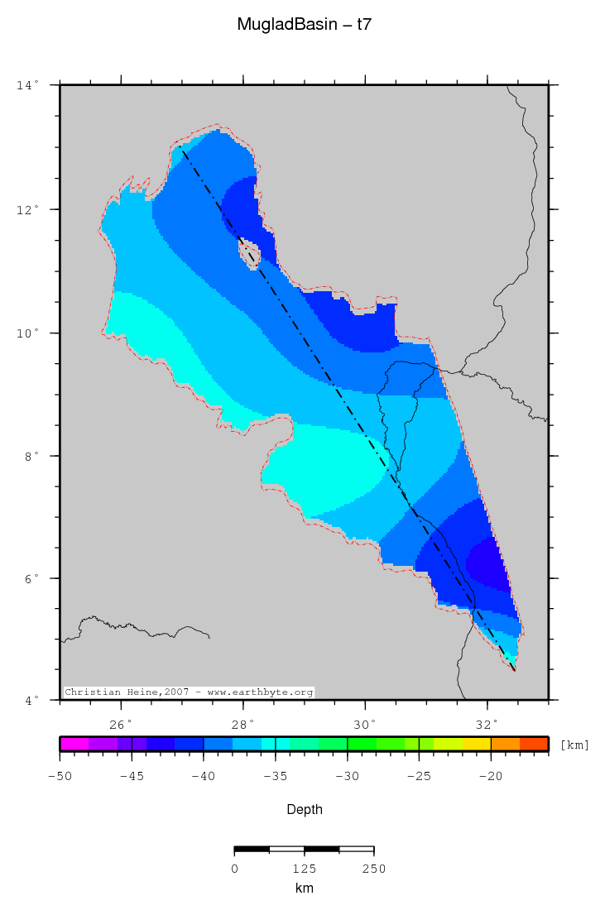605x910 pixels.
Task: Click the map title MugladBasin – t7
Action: pos(304,25)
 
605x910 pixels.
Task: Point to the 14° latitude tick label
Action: pos(28,85)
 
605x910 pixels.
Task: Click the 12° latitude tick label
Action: pos(28,209)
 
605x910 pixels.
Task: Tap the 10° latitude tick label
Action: pos(28,333)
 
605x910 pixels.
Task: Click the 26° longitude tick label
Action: pos(121,724)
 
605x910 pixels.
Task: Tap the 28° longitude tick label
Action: pos(242,724)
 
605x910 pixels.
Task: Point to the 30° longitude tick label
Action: pos(365,724)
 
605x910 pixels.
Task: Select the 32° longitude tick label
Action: pos(487,724)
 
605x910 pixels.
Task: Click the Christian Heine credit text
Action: pos(189,692)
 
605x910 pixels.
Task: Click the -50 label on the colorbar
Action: pos(60,775)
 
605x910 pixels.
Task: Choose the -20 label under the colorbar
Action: pos(491,775)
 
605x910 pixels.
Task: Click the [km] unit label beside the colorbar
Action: pos(574,745)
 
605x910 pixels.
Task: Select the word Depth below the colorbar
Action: pos(304,809)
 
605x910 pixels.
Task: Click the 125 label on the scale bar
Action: pos(304,869)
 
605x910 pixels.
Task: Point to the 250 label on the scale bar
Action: pos(373,869)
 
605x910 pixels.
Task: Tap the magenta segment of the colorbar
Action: pos(74,744)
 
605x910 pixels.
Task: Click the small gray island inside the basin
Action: pos(249,251)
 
